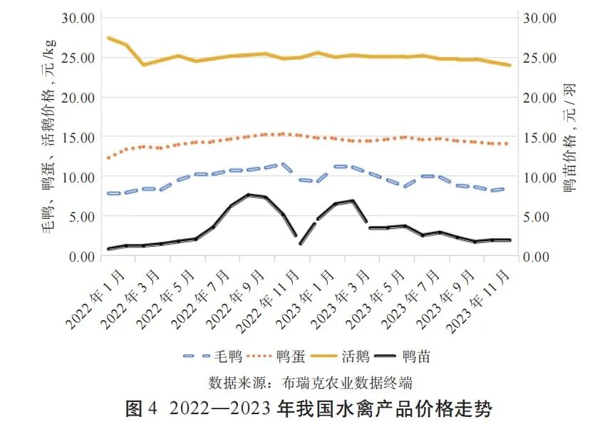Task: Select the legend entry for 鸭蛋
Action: (x=284, y=356)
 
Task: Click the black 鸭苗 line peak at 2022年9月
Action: (x=249, y=195)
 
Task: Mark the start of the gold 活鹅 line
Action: (x=108, y=38)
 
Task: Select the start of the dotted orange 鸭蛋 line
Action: (x=108, y=158)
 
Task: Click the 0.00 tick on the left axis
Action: (x=81, y=257)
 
